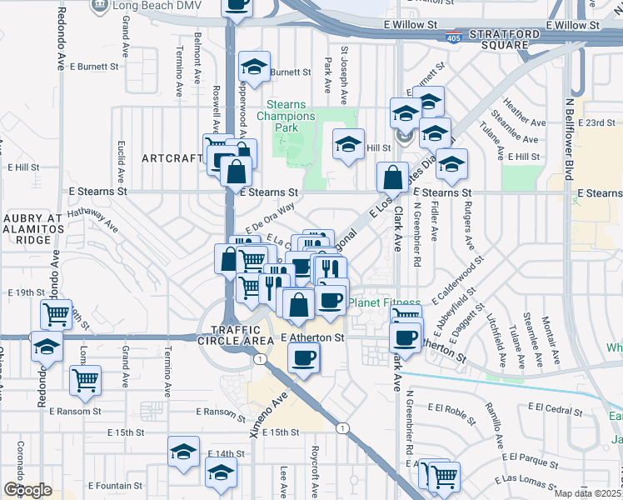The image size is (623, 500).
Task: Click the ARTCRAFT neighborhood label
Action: pos(172,158)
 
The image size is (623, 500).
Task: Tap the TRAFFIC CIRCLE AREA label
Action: pos(236,334)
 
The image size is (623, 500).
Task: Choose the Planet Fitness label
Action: pos(384,302)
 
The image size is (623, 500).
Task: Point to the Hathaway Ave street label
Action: pos(92,219)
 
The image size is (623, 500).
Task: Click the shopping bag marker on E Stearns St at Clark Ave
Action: pos(391,177)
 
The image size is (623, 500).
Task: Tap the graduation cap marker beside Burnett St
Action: pos(254,67)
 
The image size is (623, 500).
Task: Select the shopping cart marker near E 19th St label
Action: pos(56,314)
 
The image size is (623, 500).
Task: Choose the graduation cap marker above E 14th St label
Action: pos(183,452)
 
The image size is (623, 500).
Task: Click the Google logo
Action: pos(27,490)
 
